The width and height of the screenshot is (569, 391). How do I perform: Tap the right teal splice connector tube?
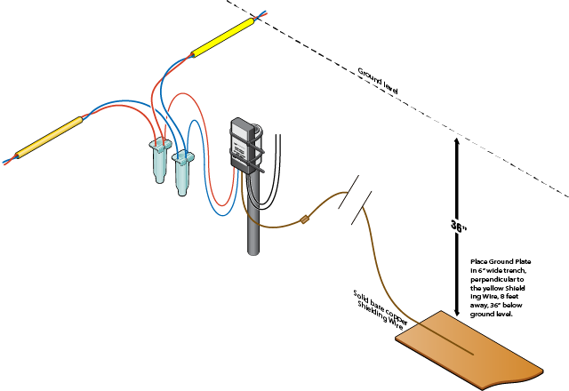click(183, 169)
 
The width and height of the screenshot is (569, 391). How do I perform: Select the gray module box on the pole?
click(242, 142)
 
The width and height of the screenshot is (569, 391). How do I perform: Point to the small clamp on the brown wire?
click(305, 219)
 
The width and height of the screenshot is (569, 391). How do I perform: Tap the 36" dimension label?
click(458, 226)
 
